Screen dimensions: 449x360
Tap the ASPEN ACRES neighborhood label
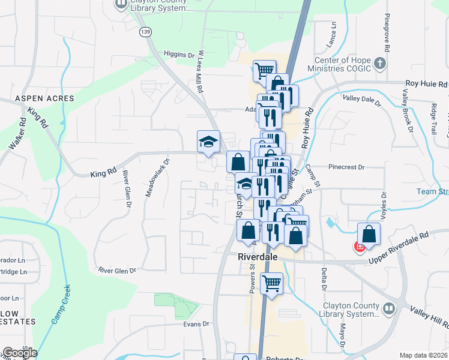point(45,98)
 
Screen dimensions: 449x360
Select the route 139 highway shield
point(144,32)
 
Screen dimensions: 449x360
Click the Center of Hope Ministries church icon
point(379,63)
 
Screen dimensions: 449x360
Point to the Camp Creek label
point(61,305)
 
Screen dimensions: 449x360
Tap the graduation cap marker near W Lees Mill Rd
point(208,142)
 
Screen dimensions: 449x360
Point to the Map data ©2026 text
point(423,355)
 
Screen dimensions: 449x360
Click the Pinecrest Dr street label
point(346,167)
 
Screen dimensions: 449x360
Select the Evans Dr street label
point(197,324)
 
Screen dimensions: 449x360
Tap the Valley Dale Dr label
point(361,100)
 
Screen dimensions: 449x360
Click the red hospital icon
point(360,247)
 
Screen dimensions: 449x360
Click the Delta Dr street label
point(324,282)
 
